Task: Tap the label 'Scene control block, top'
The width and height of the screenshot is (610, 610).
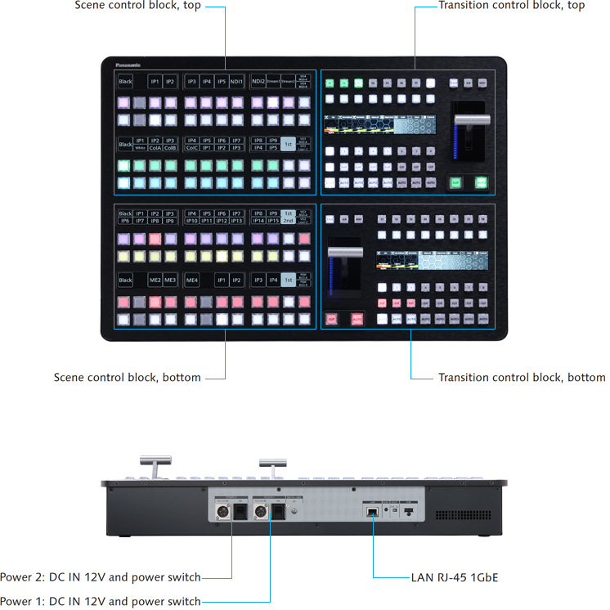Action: tap(137, 6)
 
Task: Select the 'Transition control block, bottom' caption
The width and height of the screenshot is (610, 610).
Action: tap(522, 378)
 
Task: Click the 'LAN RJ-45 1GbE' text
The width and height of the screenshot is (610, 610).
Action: tap(454, 578)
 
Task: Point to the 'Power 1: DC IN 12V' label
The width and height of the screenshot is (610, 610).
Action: tap(100, 601)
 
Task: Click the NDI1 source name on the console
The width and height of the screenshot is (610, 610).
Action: tap(236, 81)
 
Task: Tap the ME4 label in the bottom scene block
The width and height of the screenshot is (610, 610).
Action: tap(192, 280)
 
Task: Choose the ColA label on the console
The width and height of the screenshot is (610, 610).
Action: tap(155, 148)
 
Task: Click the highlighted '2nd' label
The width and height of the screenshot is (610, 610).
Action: tap(288, 221)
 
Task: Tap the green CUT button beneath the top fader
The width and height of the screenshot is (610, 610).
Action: tap(455, 183)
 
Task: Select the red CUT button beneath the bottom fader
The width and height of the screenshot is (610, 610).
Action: tap(332, 319)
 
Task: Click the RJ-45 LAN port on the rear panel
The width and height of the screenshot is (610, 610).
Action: tap(372, 509)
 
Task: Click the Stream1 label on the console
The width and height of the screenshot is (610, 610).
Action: tap(272, 81)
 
